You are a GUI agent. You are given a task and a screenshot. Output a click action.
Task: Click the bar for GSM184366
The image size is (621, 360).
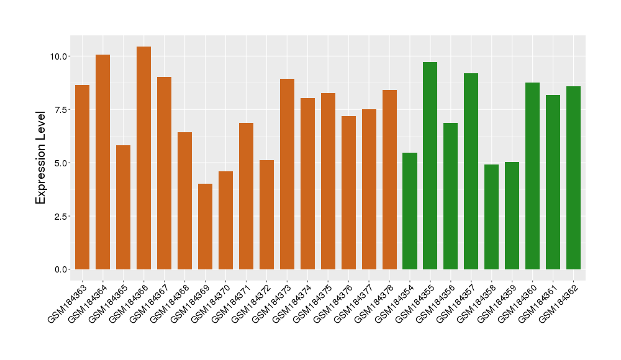pyautogui.click(x=143, y=158)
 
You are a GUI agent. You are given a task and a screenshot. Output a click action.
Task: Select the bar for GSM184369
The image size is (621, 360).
pyautogui.click(x=205, y=227)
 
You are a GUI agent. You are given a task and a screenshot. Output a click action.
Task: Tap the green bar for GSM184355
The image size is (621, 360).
pyautogui.click(x=430, y=166)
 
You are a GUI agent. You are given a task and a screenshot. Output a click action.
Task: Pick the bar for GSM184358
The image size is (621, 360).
pyautogui.click(x=491, y=217)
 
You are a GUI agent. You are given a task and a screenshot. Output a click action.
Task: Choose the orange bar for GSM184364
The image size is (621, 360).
pyautogui.click(x=102, y=162)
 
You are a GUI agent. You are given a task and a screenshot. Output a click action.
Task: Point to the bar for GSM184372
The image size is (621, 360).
pyautogui.click(x=266, y=215)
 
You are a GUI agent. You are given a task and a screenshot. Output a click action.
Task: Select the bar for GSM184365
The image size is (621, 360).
pyautogui.click(x=123, y=207)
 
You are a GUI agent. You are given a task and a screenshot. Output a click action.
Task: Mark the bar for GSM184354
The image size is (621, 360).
pyautogui.click(x=409, y=211)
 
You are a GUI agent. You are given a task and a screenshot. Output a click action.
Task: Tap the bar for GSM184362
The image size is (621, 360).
pyautogui.click(x=573, y=178)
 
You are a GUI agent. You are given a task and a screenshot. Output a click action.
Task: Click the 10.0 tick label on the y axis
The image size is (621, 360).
pyautogui.click(x=60, y=56)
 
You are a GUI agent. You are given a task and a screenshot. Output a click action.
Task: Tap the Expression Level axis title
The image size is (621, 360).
pyautogui.click(x=41, y=157)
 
